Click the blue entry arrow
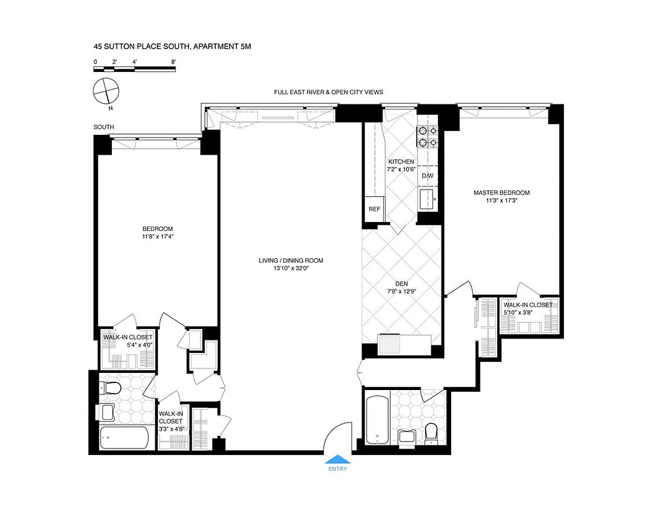(x=337, y=459)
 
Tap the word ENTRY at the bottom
(x=337, y=470)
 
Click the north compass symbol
(x=106, y=92)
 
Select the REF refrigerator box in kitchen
(x=374, y=209)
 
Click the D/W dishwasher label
(x=427, y=176)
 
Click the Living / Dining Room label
(x=291, y=260)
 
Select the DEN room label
(x=401, y=285)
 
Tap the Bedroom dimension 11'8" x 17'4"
(x=157, y=237)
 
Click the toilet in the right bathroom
(x=431, y=433)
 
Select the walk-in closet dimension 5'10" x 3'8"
(x=528, y=312)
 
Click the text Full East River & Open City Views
(x=328, y=92)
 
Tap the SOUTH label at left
(x=104, y=127)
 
